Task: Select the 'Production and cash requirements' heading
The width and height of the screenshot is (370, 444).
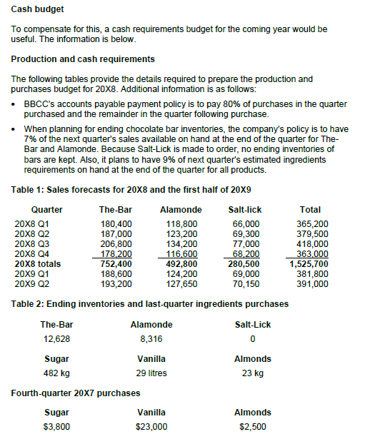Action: point(83,59)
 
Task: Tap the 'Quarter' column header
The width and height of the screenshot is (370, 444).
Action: point(46,210)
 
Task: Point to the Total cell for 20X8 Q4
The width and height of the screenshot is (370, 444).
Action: point(312,253)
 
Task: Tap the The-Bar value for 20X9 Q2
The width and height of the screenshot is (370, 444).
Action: point(116,283)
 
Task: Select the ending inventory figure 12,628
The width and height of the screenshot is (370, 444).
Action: point(56,338)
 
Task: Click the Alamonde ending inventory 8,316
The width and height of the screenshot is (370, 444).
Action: point(148,338)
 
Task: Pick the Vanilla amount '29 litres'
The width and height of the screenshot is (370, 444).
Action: point(151,373)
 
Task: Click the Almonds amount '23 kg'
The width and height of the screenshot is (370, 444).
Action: point(252,373)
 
